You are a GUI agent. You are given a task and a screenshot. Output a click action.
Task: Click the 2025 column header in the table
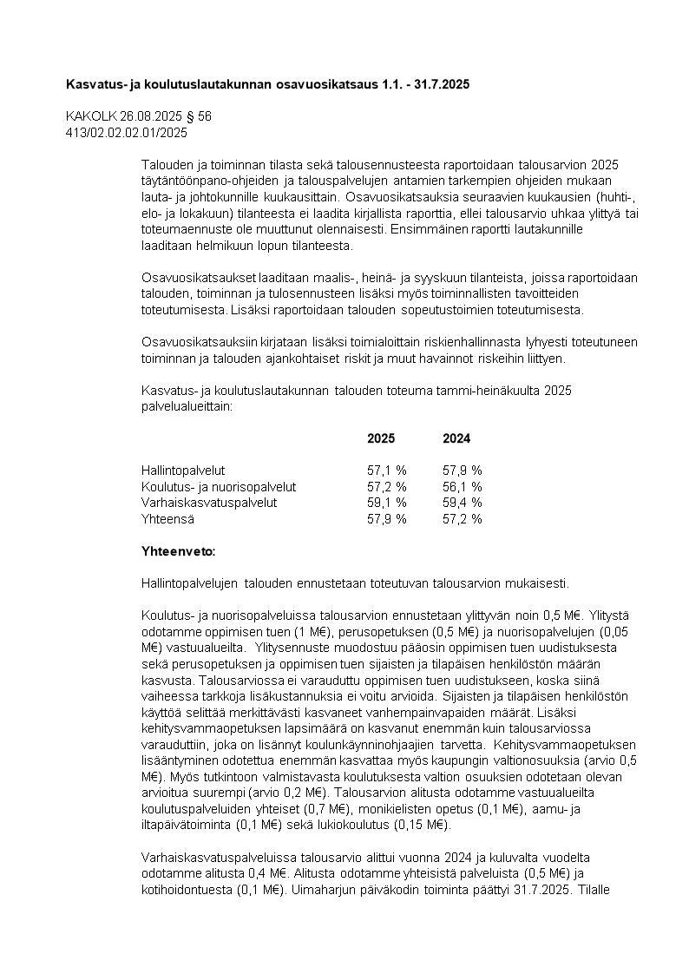tap(381, 438)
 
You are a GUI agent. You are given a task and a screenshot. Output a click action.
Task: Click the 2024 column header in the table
tap(456, 438)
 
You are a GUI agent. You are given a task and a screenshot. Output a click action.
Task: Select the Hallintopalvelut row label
tap(183, 471)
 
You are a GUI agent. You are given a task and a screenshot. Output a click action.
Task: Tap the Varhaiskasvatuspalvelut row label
tap(209, 503)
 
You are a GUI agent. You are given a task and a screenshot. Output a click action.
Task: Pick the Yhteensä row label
tap(167, 519)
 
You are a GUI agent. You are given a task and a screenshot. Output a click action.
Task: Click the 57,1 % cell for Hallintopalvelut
tap(387, 471)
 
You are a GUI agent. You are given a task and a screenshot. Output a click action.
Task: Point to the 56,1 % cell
tap(463, 487)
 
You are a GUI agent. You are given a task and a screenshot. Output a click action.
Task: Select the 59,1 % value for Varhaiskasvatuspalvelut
tap(387, 503)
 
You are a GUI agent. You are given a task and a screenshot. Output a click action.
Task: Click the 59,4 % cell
tap(463, 503)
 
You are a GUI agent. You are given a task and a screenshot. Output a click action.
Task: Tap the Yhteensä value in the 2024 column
tap(463, 519)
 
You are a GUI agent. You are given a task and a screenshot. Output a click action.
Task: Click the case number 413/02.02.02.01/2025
tap(127, 133)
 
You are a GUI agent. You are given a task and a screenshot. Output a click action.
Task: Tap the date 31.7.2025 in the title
tap(441, 84)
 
